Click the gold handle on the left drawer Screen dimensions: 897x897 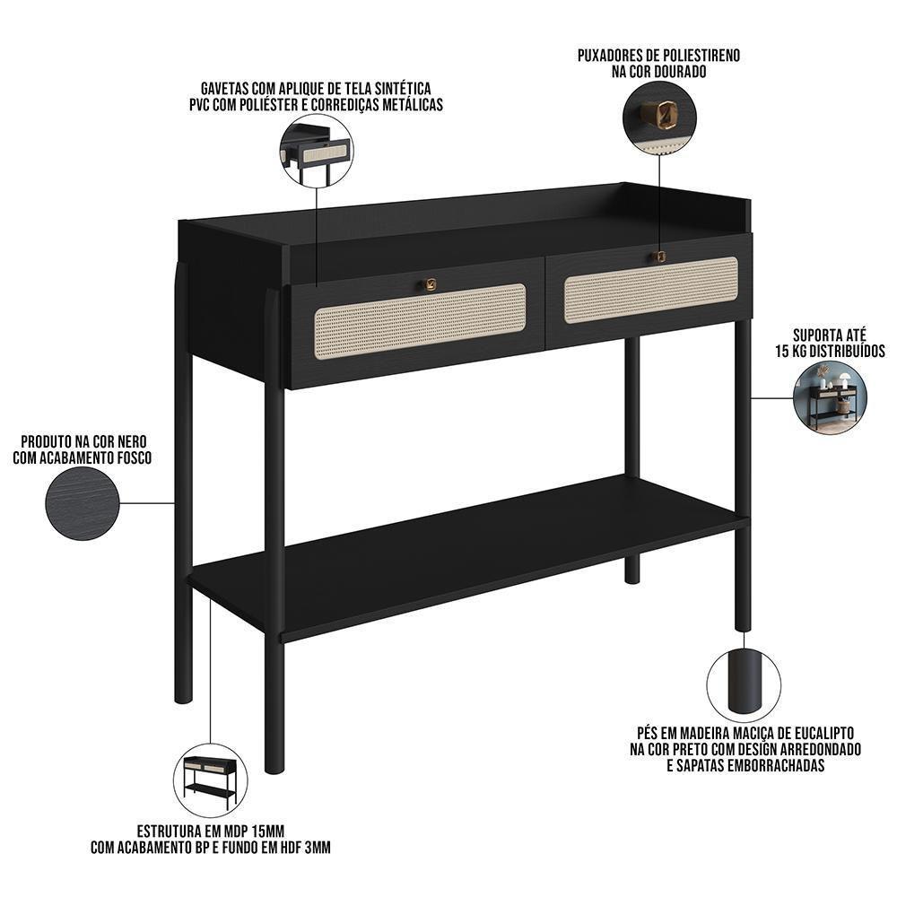coord(429,284)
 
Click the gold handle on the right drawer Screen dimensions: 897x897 coord(659,257)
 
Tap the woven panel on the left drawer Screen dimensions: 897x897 coord(420,321)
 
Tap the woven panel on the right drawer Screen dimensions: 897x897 coord(651,291)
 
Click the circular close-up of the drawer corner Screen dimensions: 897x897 coord(317,151)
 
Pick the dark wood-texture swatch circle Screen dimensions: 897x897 coord(83,503)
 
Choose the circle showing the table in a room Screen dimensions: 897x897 coord(830,397)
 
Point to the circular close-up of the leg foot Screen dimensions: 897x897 coord(743,684)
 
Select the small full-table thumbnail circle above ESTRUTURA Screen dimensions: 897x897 coord(211,780)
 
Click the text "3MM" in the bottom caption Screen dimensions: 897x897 coord(318,848)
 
